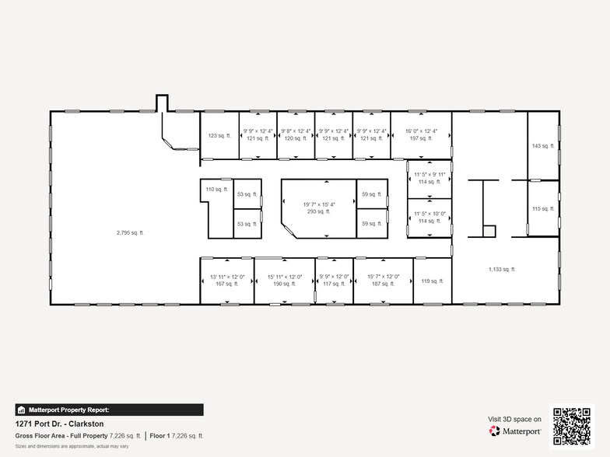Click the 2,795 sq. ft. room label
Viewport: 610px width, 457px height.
(131, 232)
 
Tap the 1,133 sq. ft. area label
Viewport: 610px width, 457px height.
(502, 269)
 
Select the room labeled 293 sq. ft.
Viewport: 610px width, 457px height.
(318, 211)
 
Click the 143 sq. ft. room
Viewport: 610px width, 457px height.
(542, 146)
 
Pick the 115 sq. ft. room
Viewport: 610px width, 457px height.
(542, 208)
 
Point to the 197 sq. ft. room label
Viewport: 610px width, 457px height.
(420, 138)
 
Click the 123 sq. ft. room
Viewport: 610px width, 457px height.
(218, 135)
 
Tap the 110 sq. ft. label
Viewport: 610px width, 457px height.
(216, 189)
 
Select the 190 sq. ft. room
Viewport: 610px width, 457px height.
(284, 284)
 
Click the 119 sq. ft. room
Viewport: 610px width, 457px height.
(432, 281)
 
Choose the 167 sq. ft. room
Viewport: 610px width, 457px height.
(227, 284)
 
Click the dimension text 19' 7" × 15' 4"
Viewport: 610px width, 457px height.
(318, 204)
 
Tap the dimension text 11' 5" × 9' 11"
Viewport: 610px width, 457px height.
(429, 175)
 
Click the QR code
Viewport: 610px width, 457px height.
(573, 425)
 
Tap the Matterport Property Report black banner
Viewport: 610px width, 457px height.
(109, 410)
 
